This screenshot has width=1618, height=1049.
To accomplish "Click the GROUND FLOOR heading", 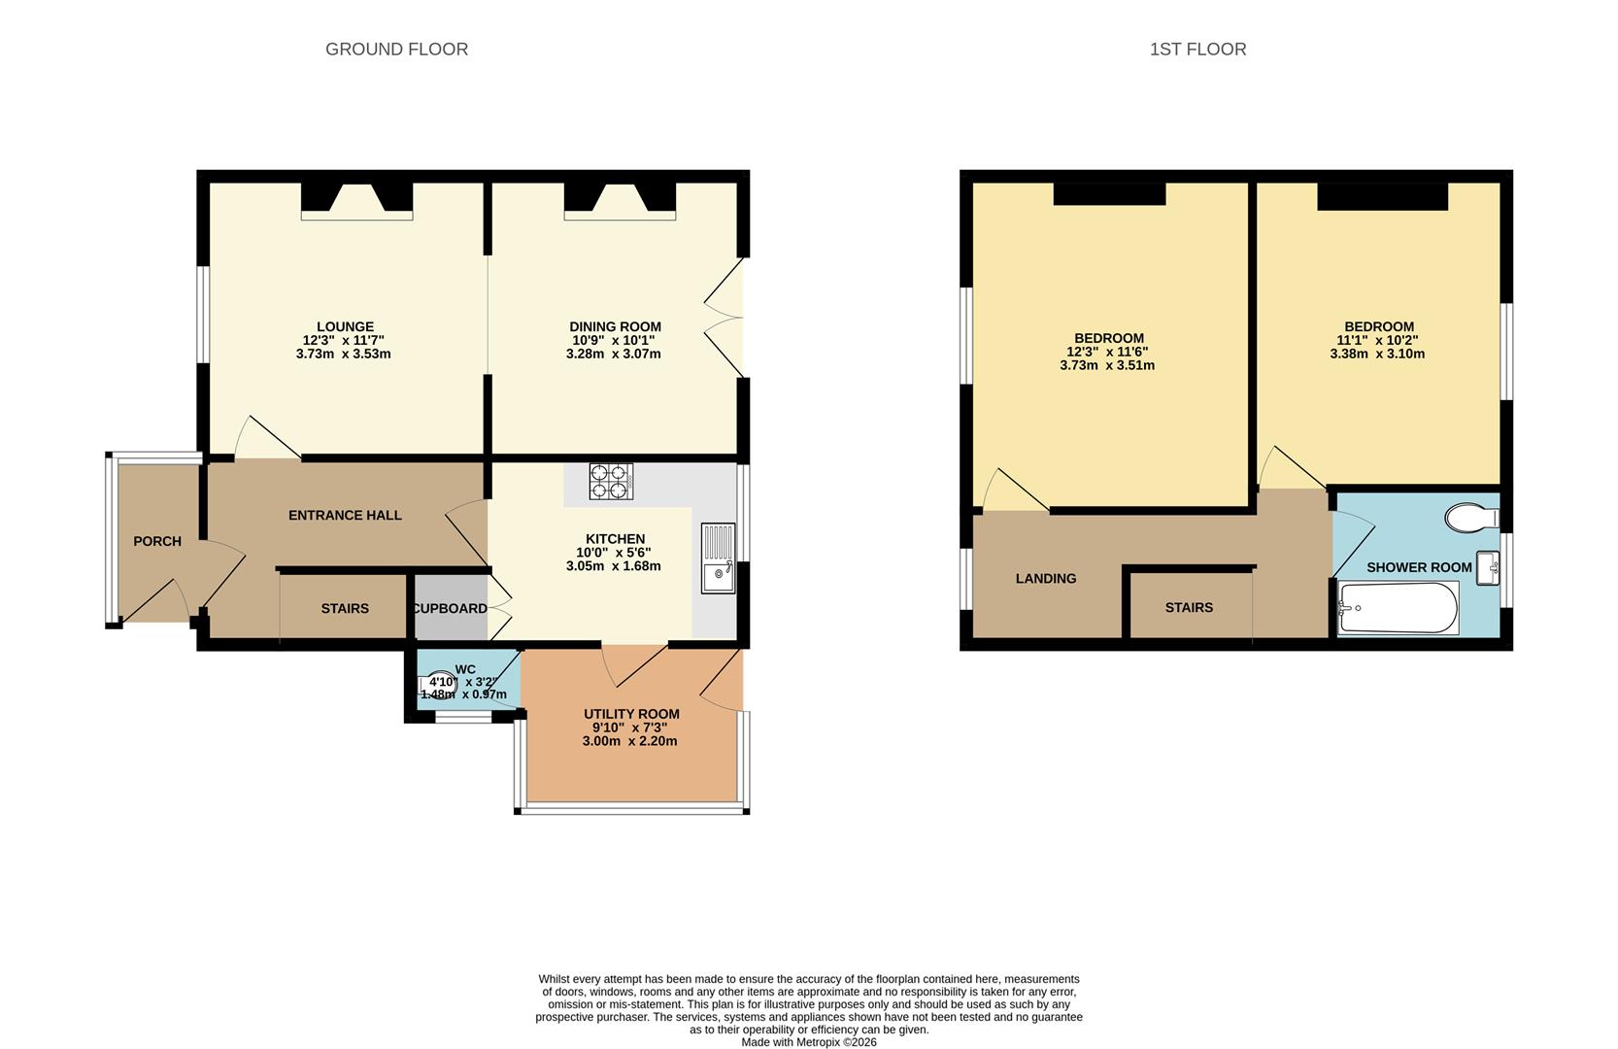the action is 396,50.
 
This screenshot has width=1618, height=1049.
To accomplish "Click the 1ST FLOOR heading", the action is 1197,50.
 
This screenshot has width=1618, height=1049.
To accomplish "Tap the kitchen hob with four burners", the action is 611,481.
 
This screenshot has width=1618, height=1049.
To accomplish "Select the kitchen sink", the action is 718,558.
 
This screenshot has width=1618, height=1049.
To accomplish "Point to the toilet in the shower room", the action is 1472,518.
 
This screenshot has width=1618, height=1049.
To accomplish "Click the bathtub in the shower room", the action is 1399,608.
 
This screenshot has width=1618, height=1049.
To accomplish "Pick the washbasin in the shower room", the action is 1488,568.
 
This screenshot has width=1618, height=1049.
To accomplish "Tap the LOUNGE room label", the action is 346,326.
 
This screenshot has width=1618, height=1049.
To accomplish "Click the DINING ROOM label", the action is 616,326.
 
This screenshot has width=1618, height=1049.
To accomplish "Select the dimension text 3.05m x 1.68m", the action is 613,565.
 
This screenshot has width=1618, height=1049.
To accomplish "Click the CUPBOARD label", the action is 450,608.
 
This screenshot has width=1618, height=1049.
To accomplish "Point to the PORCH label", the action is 157,541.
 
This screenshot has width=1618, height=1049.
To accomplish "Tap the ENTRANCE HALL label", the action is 346,515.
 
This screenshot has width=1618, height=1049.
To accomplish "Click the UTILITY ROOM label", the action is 631,714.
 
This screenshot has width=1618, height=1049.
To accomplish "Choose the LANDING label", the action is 1046,578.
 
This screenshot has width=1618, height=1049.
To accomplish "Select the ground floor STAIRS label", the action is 346,608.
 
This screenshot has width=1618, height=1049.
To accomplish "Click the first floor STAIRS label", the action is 1189,608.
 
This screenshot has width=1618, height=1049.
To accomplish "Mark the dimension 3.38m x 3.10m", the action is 1377,354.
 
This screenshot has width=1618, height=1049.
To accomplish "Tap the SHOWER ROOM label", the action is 1419,568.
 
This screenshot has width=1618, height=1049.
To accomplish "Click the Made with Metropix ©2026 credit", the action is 809,1042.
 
